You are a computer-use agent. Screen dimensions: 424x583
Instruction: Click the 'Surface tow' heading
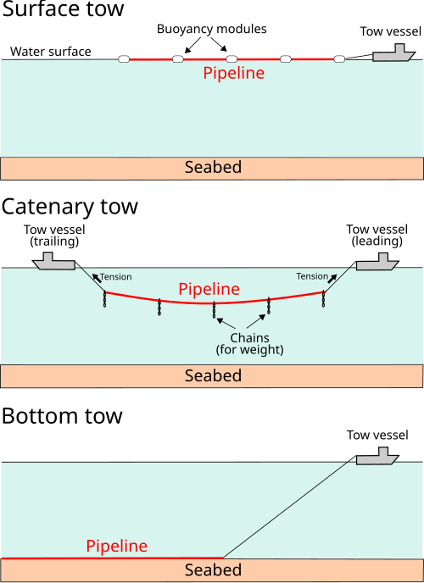[64, 9]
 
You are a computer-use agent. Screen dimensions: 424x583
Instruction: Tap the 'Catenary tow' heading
[70, 208]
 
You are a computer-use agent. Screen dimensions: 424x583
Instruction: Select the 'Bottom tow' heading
[62, 416]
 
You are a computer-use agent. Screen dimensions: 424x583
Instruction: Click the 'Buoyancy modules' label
[212, 30]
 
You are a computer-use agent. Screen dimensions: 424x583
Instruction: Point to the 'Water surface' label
[51, 52]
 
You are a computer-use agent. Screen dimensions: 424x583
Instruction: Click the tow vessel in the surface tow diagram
[393, 53]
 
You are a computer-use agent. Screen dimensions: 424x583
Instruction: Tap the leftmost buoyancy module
[124, 58]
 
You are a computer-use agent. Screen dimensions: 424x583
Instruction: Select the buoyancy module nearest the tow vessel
[339, 58]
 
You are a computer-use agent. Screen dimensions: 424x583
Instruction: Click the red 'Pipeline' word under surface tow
[233, 73]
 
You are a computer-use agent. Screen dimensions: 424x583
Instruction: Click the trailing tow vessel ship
[54, 261]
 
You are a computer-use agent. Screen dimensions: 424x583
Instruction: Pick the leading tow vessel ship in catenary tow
[377, 262]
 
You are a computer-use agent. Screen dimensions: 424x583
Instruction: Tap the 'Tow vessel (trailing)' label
[54, 236]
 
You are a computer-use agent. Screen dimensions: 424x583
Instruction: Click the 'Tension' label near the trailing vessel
[115, 277]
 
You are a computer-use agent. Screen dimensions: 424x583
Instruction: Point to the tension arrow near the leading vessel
[332, 279]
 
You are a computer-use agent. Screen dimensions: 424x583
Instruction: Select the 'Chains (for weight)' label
[250, 344]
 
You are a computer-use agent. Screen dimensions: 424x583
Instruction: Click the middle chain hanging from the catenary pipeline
[214, 310]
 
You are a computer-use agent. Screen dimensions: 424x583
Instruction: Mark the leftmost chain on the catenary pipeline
[105, 299]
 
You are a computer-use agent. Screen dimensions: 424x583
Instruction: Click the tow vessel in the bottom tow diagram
[377, 456]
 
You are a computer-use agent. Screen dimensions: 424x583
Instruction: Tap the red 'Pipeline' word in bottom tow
[117, 546]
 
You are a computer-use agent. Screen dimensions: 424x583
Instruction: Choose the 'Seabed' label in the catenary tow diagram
[213, 375]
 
